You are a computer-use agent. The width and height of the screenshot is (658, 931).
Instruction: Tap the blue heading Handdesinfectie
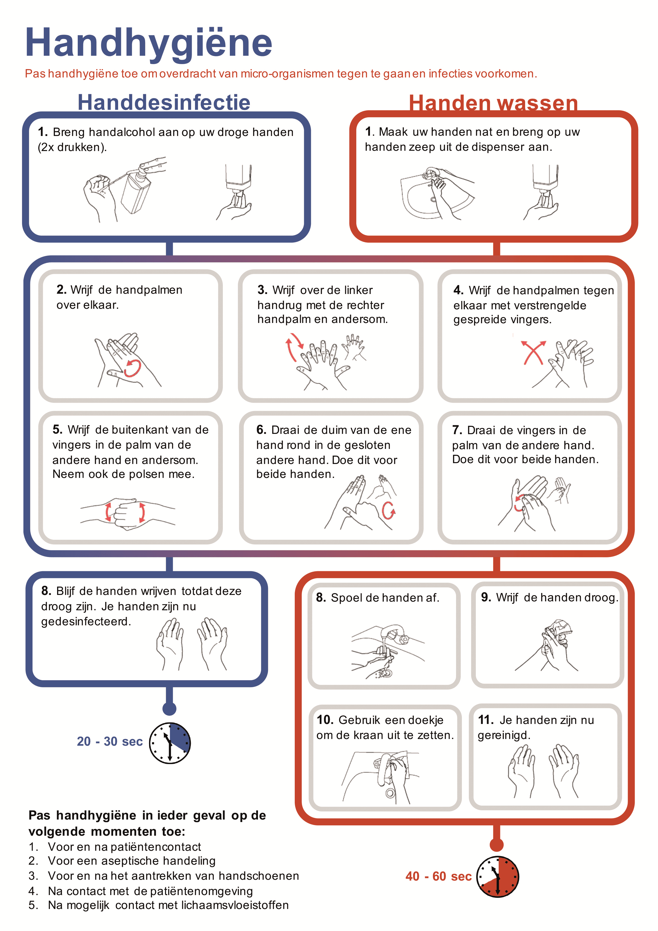point(164,102)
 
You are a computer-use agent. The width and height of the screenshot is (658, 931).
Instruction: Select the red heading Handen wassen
point(493,103)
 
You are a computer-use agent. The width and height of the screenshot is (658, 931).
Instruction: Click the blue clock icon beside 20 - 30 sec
point(170,743)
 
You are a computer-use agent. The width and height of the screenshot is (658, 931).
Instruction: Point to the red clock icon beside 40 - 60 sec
point(498,876)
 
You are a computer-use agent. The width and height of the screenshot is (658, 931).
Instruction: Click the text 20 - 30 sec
point(109,741)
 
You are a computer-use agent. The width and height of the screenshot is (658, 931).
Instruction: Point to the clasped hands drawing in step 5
point(127,513)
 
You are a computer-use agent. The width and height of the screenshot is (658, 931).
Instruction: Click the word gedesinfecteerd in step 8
point(86,621)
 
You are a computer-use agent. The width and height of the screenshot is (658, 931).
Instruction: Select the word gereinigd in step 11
point(504,735)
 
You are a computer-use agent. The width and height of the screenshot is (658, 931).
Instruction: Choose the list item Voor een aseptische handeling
point(132,860)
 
